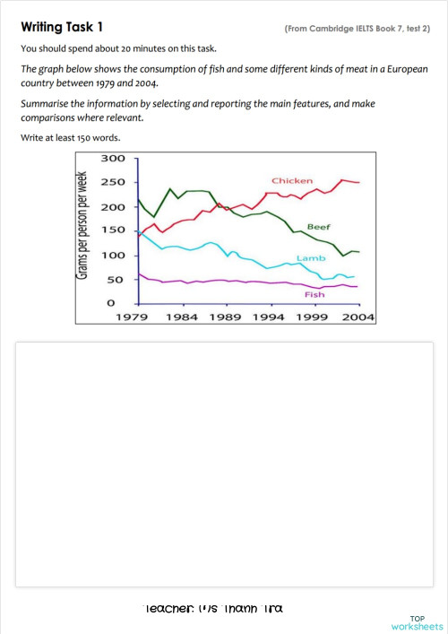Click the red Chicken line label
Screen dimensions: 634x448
pos(292,181)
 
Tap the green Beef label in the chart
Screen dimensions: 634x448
pos(319,227)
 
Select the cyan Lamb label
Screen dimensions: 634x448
pos(309,258)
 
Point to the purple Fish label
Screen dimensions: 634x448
pos(314,293)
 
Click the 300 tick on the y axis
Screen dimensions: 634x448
pos(114,159)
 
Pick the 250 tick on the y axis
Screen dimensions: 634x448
pos(114,183)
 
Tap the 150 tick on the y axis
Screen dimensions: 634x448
pos(114,231)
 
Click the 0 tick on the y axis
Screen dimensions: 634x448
pos(112,304)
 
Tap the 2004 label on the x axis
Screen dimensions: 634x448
pos(358,317)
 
